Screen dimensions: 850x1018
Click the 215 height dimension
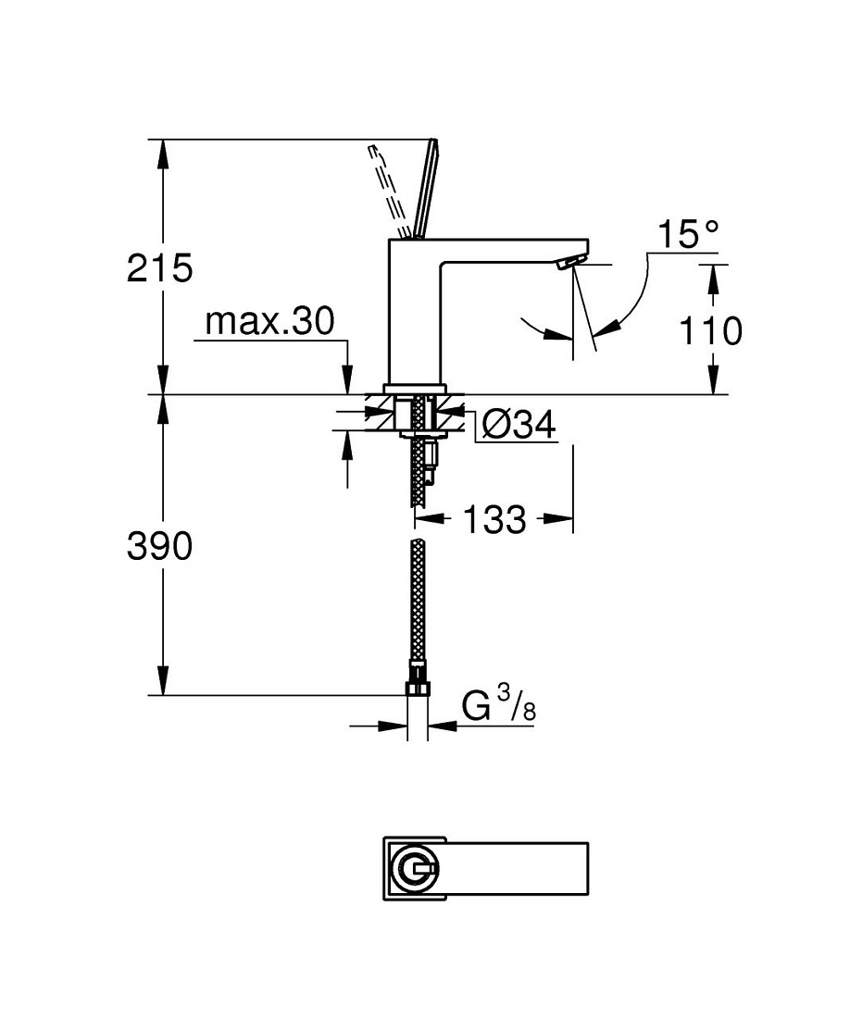160,268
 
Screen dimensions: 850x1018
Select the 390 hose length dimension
160,546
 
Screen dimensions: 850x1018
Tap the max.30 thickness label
270,321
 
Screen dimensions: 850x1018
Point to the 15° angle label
689,234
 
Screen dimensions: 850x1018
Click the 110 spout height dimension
710,330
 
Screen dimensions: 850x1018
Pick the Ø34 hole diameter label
519,426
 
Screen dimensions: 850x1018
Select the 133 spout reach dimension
494,519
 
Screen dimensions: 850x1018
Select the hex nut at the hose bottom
418,687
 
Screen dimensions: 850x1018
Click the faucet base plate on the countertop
415,390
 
